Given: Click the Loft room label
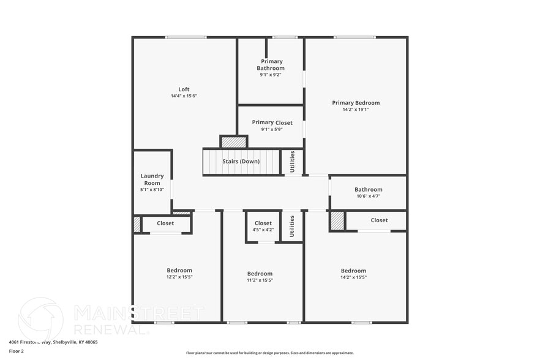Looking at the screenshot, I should pos(184,89).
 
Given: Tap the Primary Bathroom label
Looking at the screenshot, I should pos(271,64).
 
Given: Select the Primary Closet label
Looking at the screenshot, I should pos(272,122).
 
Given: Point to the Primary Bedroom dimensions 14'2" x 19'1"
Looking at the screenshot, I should pos(356,110).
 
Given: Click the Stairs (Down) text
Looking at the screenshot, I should pos(241,162).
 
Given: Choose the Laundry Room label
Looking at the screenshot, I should pos(152,179).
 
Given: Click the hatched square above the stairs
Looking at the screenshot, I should pos(234,142).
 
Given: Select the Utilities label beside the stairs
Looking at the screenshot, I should pos(292,162).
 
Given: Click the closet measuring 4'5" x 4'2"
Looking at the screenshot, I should pos(263,227).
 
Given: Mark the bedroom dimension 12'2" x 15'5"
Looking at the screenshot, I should pos(179,277).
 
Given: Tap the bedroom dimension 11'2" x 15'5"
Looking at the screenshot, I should pos(260,280).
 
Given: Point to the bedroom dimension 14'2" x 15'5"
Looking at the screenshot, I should pos(353,277).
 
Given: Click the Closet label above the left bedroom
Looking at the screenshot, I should pos(165,223).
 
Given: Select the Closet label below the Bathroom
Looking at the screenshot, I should pos(379,220).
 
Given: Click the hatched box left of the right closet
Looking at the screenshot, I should pos(337,220).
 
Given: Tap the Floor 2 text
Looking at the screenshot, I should pos(16,351).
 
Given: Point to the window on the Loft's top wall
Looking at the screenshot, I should pos(186,37).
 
